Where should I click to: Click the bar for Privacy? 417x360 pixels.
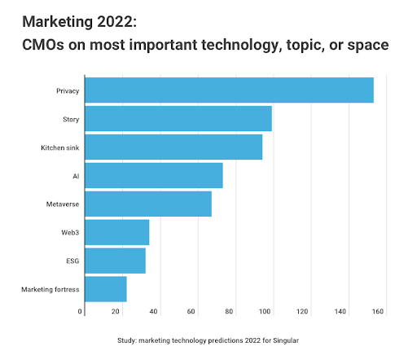coord(229,90)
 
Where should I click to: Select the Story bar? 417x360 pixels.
coord(178,118)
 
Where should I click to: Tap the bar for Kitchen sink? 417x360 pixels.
coord(173,147)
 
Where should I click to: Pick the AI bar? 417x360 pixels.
coord(153,175)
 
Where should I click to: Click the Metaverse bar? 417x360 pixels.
coord(147,204)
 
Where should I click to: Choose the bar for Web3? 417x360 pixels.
coord(116,232)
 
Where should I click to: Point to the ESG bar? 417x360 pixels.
coord(115,261)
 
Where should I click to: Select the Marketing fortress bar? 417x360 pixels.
coord(105,289)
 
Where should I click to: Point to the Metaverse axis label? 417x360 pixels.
coord(61,204)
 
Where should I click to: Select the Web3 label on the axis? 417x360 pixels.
coord(68,232)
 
